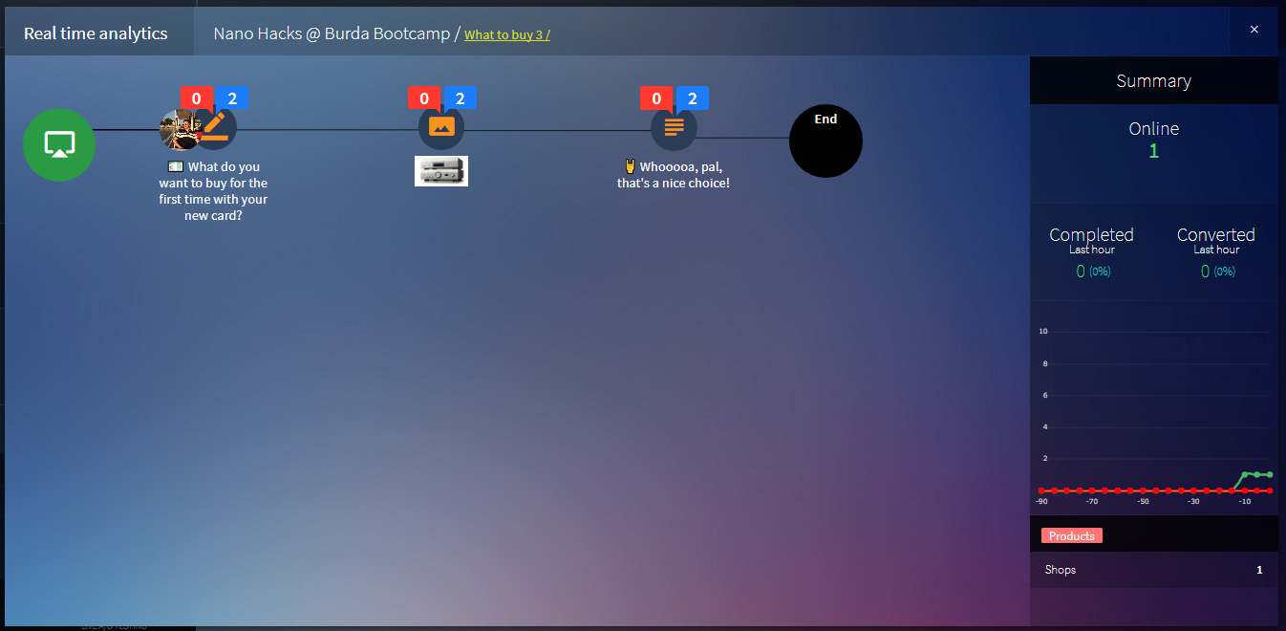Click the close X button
[x=1254, y=30]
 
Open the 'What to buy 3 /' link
[x=506, y=35]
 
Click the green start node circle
[x=59, y=144]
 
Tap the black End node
[x=825, y=141]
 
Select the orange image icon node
[x=441, y=127]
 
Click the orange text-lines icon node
[x=674, y=127]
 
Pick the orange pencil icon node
[x=215, y=127]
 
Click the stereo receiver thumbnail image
[x=441, y=170]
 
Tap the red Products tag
[x=1071, y=535]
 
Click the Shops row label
[x=1061, y=570]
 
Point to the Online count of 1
[x=1153, y=151]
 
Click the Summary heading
[x=1153, y=81]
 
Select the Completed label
[x=1091, y=234]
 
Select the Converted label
[x=1215, y=234]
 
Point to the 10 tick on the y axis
[x=1043, y=332]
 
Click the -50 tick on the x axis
[x=1143, y=501]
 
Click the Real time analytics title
[x=96, y=33]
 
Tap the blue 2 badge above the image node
[x=460, y=98]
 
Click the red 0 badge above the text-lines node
[x=656, y=98]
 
